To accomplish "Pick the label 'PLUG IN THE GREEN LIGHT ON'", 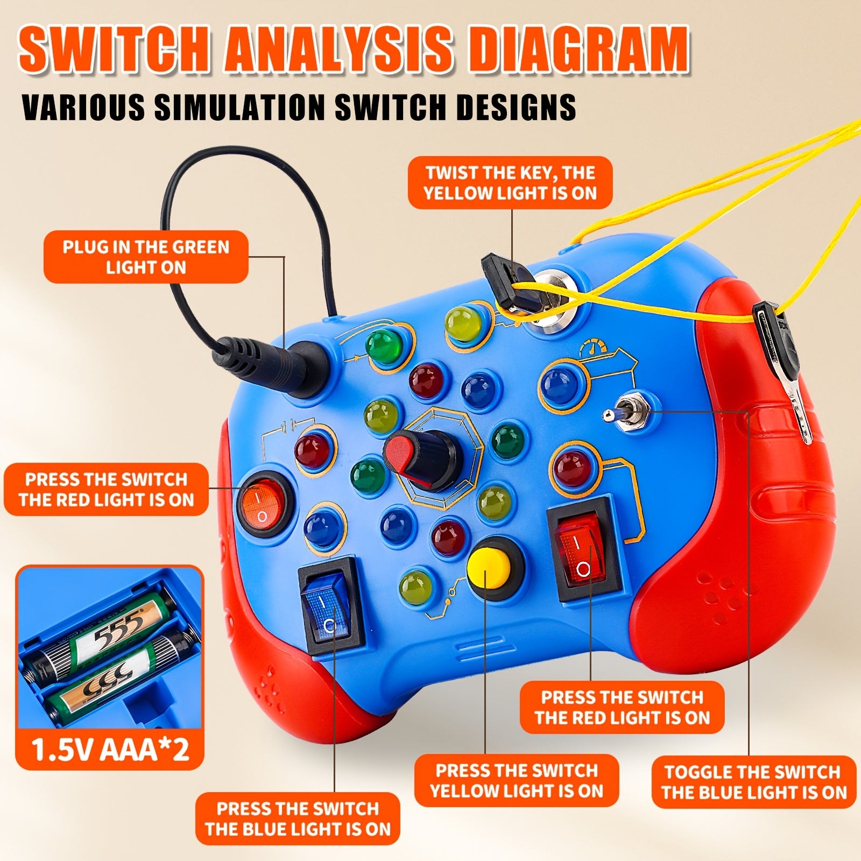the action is pyautogui.click(x=146, y=257).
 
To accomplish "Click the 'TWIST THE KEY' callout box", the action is pyautogui.click(x=510, y=183).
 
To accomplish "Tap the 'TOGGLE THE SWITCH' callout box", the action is pyautogui.click(x=753, y=782).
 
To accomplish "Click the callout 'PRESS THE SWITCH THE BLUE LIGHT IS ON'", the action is pyautogui.click(x=298, y=818).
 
